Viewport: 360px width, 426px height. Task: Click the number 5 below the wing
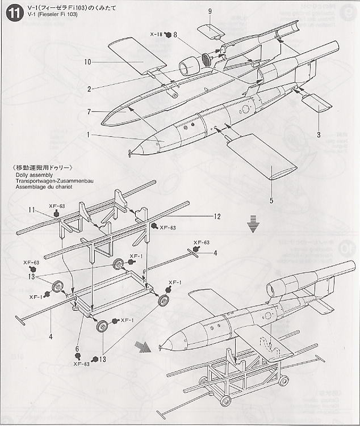click(x=271, y=200)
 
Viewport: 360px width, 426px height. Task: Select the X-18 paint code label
click(x=156, y=35)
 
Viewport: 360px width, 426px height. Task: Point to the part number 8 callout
click(x=176, y=35)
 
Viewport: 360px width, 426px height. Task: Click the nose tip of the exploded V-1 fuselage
click(x=131, y=151)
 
